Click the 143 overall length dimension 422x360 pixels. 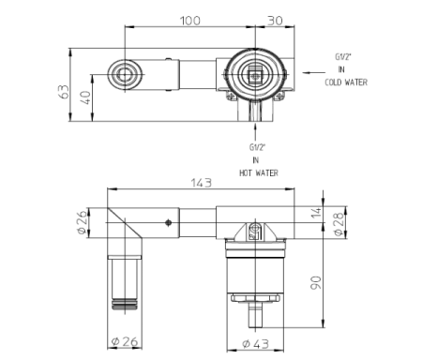coord(199,182)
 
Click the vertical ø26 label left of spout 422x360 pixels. coord(82,222)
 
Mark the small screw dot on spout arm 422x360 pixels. coord(167,223)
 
